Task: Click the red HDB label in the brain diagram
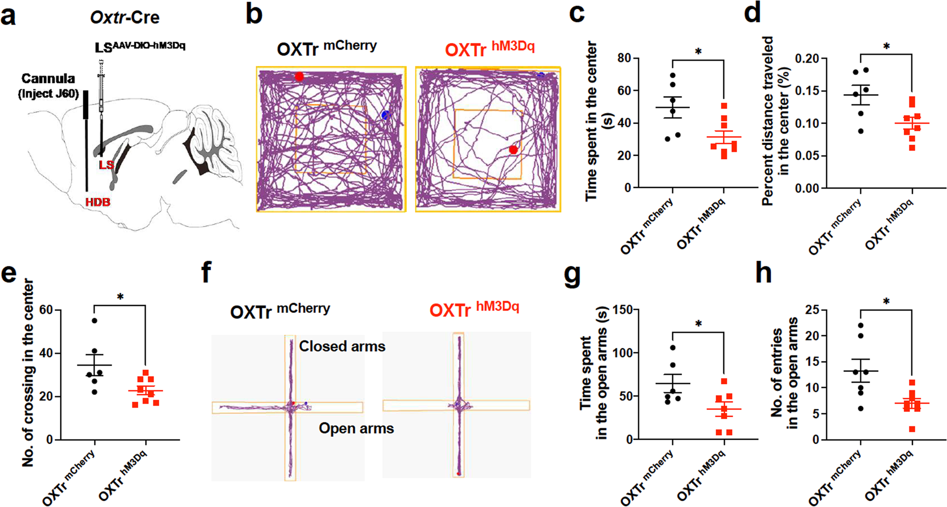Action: [x=98, y=202]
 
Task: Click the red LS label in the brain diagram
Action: [x=106, y=165]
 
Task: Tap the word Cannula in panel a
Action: [x=48, y=78]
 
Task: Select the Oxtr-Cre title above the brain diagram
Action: [x=125, y=18]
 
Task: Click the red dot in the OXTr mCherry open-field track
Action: [x=299, y=76]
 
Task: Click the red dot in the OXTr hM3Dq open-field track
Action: [x=513, y=150]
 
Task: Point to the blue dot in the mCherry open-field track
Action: [x=385, y=115]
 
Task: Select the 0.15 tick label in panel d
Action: [x=807, y=91]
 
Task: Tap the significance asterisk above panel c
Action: [x=698, y=52]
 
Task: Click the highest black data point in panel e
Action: [x=94, y=320]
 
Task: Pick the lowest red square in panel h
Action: [x=912, y=429]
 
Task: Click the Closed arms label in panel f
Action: [x=342, y=346]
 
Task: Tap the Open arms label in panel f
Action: [x=356, y=429]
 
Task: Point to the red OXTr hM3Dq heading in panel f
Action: [x=474, y=309]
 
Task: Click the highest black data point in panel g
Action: [x=673, y=348]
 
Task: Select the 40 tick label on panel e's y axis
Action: [x=46, y=353]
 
